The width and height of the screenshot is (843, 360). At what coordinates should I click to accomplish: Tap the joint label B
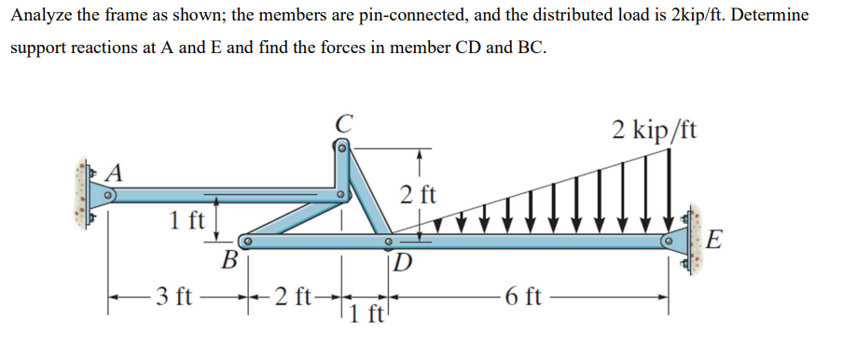coord(228,258)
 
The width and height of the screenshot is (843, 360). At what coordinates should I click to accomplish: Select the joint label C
coord(343,122)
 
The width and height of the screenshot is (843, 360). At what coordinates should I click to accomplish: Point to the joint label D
coord(403,259)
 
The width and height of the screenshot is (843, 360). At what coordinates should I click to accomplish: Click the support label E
coord(713,241)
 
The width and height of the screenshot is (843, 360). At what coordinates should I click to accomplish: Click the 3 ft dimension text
coord(174,298)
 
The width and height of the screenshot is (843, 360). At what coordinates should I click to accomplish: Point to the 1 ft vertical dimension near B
coord(188,222)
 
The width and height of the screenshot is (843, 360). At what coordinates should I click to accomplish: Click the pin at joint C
coord(342,146)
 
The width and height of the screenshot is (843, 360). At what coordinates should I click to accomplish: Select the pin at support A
coord(108,196)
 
